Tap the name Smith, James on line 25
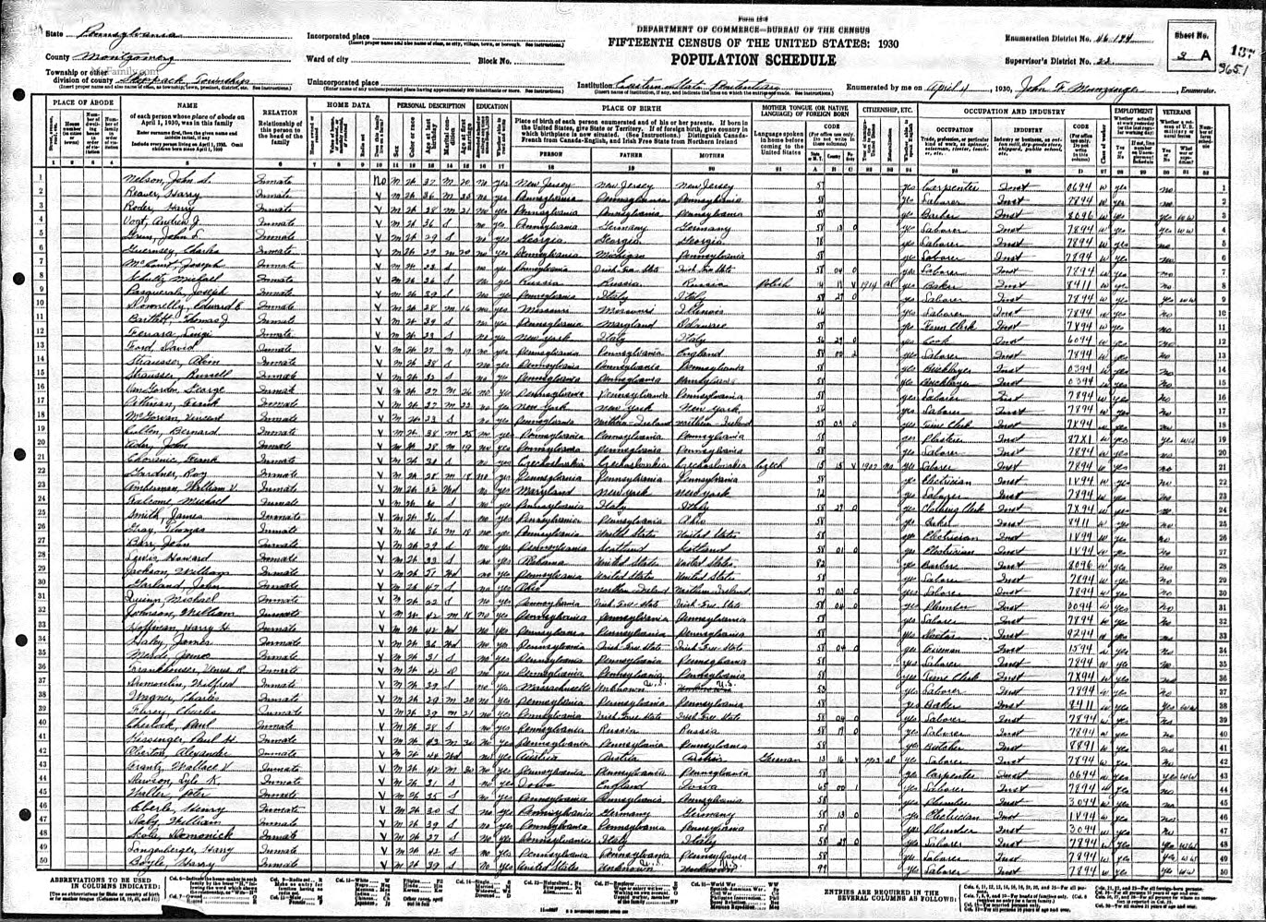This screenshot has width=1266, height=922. (149, 510)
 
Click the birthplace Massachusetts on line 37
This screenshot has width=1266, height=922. (549, 688)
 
